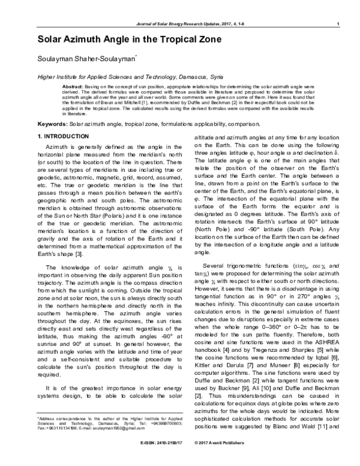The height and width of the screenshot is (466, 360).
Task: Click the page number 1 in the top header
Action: [x=339, y=24]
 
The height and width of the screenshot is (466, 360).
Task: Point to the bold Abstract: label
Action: [x=73, y=87]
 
